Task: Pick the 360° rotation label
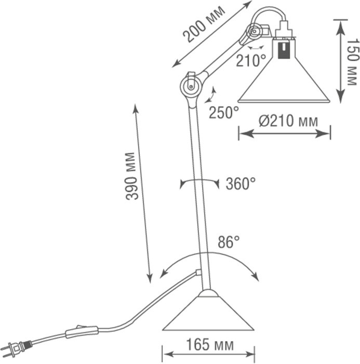click(x=241, y=184)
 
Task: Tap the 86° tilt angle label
click(x=228, y=242)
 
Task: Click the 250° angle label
click(x=224, y=112)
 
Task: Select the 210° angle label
click(x=250, y=61)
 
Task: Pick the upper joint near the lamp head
click(x=254, y=32)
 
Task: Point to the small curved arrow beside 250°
click(x=212, y=95)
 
